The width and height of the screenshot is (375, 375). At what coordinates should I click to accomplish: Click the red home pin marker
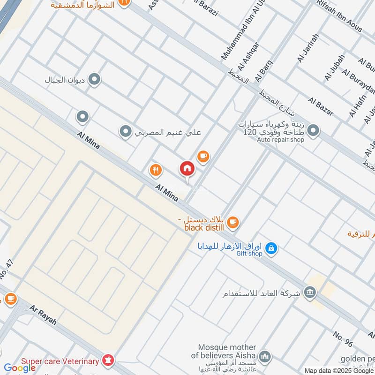pyautogui.click(x=187, y=169)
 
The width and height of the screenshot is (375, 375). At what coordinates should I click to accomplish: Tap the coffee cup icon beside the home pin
pyautogui.click(x=202, y=157)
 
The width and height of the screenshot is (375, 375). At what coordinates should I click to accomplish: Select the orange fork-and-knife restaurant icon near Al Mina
pyautogui.click(x=156, y=170)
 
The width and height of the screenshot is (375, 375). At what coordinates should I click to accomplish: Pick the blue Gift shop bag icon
pyautogui.click(x=270, y=248)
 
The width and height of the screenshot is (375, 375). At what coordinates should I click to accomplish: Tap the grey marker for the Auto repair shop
pyautogui.click(x=313, y=131)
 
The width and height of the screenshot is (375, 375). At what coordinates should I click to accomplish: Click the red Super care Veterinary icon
pyautogui.click(x=108, y=361)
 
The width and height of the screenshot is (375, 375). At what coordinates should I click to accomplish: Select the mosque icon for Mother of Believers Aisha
pyautogui.click(x=265, y=358)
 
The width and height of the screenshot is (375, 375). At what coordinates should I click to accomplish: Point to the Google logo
pyautogui.click(x=20, y=368)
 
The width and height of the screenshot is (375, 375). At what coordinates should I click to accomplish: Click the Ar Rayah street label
pyautogui.click(x=43, y=315)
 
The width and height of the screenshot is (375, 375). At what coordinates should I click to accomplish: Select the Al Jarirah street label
pyautogui.click(x=307, y=48)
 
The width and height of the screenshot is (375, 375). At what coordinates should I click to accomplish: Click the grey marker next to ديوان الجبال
pyautogui.click(x=95, y=80)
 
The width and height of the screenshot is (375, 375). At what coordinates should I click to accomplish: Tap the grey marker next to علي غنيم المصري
pyautogui.click(x=125, y=132)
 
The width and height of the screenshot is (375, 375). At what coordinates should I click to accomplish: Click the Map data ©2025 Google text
pyautogui.click(x=339, y=370)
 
